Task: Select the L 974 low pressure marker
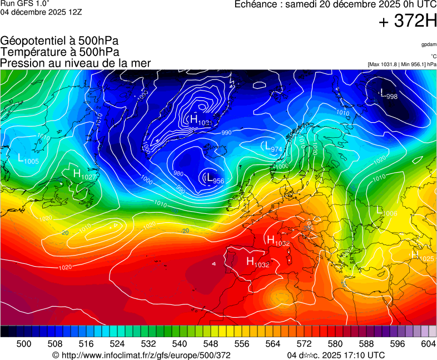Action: pos(272,148)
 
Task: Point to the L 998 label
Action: pos(388,95)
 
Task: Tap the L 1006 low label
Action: pos(387,212)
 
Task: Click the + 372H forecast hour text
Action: pos(408,22)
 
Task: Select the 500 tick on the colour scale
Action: pos(24,344)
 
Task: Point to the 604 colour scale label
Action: pos(428,344)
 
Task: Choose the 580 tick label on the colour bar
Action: pos(335,344)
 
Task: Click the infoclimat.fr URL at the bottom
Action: pos(141,355)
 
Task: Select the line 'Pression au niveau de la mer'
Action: pos(76,63)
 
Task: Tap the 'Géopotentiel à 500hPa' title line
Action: pos(59,41)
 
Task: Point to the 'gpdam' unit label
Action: pos(428,44)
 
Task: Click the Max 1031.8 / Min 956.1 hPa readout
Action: pos(402,64)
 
